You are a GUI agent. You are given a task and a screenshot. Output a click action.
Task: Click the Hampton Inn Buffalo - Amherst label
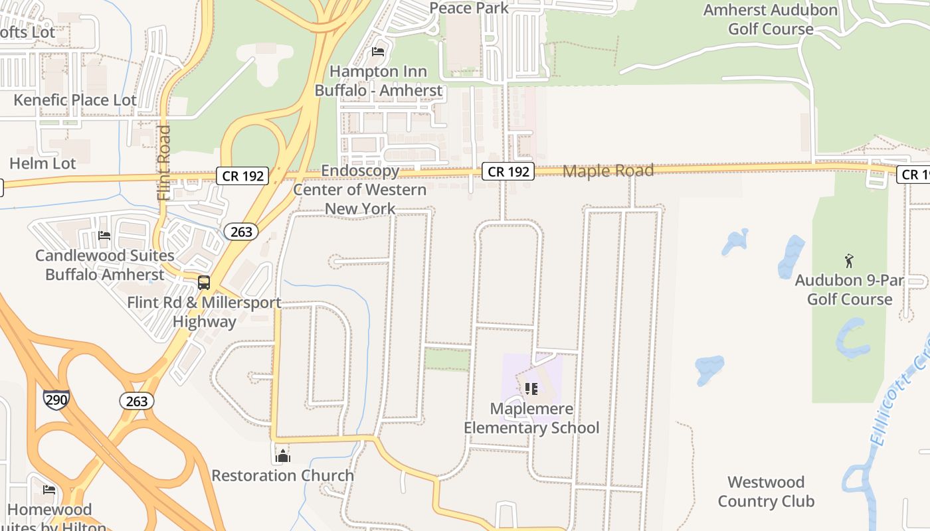(x=378, y=80)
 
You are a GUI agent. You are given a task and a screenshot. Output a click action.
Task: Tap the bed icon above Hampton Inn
(x=378, y=51)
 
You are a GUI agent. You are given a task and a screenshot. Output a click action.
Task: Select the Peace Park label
(x=469, y=8)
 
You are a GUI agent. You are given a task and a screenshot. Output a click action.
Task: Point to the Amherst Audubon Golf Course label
(x=771, y=19)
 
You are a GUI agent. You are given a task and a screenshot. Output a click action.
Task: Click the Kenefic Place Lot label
(x=75, y=100)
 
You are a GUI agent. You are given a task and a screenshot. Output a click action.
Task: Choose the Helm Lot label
(x=43, y=163)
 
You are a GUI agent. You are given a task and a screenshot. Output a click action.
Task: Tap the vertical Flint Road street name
(x=164, y=163)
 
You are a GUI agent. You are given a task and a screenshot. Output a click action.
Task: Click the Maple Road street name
(x=608, y=171)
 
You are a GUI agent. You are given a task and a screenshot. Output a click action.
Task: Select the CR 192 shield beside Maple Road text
(x=508, y=171)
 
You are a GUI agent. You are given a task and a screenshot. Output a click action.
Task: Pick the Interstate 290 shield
(x=56, y=398)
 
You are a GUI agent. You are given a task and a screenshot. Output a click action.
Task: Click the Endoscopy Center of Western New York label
(x=360, y=190)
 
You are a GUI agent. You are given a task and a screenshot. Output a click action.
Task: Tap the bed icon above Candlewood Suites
(x=104, y=235)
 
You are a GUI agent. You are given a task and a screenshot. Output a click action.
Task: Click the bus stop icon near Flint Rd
(x=204, y=282)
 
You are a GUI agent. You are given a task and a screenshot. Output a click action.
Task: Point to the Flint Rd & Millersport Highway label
(x=204, y=312)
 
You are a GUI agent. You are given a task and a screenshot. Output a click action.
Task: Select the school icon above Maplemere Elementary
(x=531, y=388)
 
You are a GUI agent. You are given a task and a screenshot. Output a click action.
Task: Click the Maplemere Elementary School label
(x=531, y=418)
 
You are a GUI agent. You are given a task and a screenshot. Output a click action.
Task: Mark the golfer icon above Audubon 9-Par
(x=848, y=260)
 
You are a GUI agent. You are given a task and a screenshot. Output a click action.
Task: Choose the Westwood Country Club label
(x=766, y=492)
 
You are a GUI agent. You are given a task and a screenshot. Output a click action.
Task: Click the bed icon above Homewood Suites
(x=49, y=490)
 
